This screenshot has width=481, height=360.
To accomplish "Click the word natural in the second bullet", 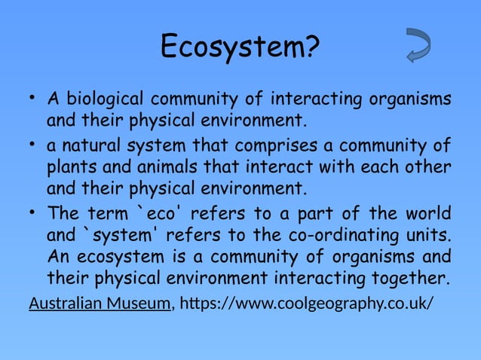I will pyautogui.click(x=95, y=145).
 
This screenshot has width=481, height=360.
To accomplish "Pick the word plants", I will pyautogui.click(x=75, y=166).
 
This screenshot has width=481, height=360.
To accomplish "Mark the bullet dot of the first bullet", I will pyautogui.click(x=33, y=99).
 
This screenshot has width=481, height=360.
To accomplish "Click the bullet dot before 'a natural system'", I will pyautogui.click(x=33, y=144).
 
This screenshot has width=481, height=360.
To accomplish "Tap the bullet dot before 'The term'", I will pyautogui.click(x=33, y=211).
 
